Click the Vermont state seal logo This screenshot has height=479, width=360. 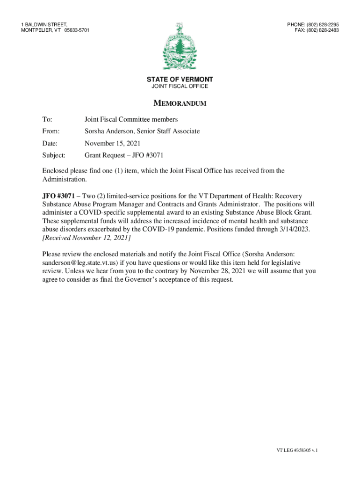point(180,46)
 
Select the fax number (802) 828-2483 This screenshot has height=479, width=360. point(322,30)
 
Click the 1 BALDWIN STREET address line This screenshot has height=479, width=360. point(44,24)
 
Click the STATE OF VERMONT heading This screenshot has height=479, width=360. point(180,80)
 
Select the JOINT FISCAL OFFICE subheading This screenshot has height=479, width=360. point(180,87)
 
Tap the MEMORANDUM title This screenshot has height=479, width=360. point(180,103)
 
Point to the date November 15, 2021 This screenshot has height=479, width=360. point(112,143)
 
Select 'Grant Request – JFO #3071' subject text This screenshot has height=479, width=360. point(123,155)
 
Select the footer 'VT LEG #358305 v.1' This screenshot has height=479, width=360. point(297,450)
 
